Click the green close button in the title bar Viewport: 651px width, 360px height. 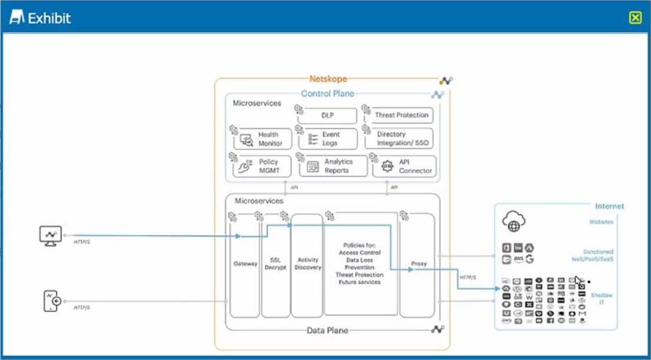[x=635, y=18]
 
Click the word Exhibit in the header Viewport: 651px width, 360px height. [x=49, y=18]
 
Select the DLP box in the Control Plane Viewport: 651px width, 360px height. [x=327, y=116]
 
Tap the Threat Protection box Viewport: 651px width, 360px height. [x=400, y=116]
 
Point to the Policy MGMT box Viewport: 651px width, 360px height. [x=263, y=166]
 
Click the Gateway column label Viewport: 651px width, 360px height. [x=245, y=264]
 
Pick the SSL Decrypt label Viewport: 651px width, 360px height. [x=275, y=263]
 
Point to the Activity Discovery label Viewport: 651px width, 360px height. [x=307, y=264]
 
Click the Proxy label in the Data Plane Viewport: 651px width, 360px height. [x=418, y=264]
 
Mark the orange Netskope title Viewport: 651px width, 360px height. [x=328, y=79]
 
